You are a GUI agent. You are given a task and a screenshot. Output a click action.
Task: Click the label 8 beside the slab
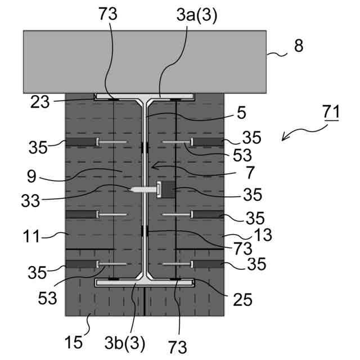click(x=298, y=46)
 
